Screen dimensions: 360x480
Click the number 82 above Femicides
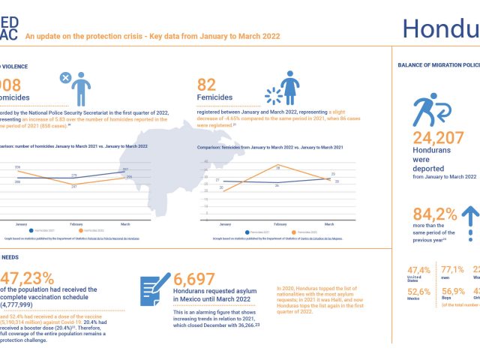point(208,85)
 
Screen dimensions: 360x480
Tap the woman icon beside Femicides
point(289,87)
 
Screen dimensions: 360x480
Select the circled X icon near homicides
point(65,76)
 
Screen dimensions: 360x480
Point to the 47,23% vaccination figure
point(30,278)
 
